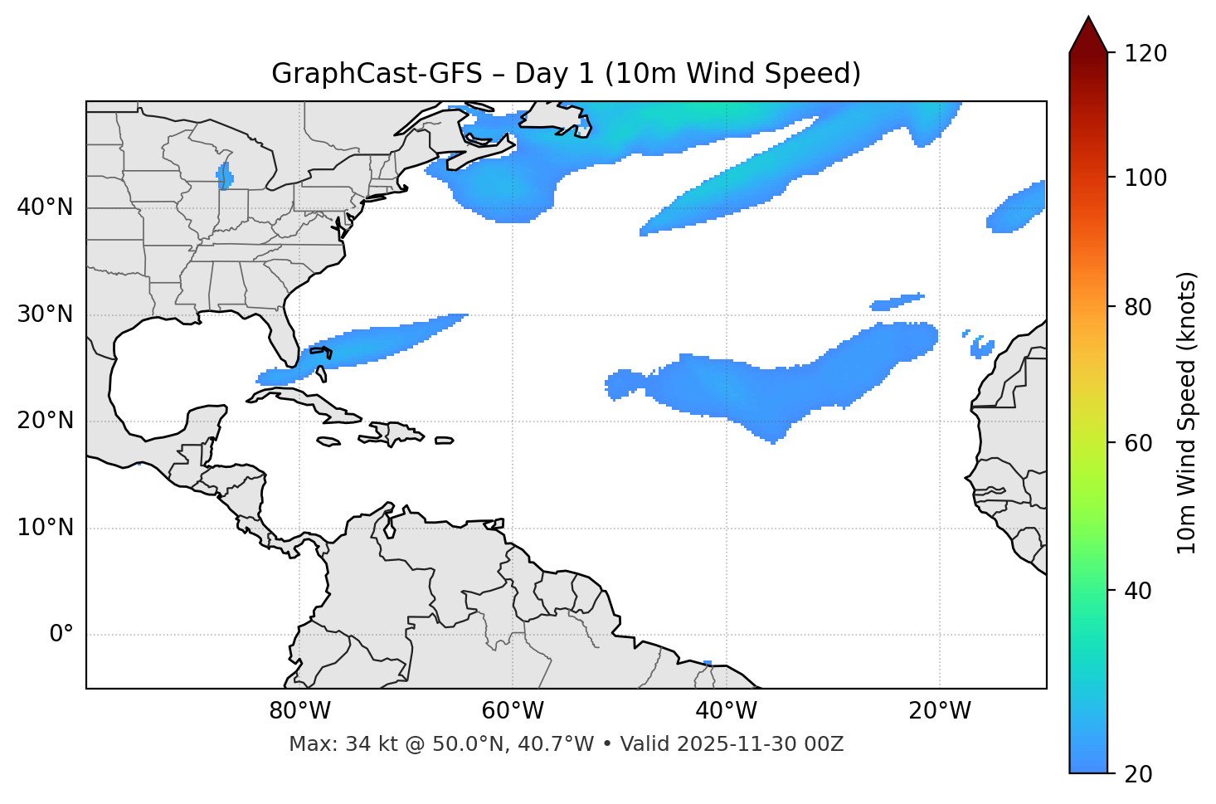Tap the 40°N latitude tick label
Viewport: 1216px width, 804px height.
[x=45, y=207]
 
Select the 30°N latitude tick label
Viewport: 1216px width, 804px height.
[x=45, y=314]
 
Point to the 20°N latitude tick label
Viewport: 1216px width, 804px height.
[x=45, y=421]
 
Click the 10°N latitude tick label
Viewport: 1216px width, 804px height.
[x=45, y=528]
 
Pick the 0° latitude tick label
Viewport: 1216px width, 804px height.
[x=61, y=635]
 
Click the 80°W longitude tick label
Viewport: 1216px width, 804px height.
[x=299, y=711]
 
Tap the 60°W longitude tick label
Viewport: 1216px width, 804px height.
[x=513, y=711]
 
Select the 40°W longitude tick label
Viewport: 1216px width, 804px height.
[x=726, y=711]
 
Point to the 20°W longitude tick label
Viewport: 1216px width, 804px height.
[x=939, y=711]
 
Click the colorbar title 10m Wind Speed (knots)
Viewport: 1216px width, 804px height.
[x=1187, y=412]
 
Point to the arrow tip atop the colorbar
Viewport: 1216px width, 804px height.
[x=1088, y=18]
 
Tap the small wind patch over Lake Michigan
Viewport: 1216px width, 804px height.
[x=224, y=176]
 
